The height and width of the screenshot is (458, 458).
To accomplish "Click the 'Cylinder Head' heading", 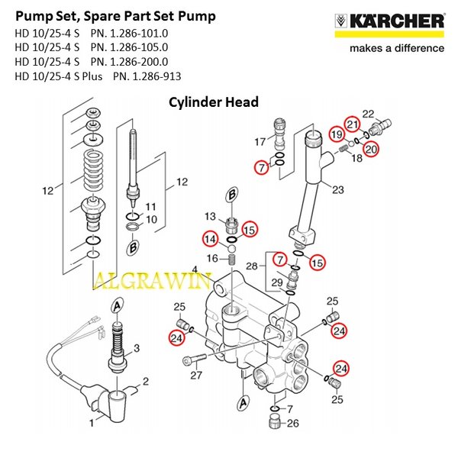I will point(214,102).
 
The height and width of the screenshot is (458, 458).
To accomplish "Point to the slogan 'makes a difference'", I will point(396,48).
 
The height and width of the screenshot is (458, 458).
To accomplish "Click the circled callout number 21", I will point(352,124).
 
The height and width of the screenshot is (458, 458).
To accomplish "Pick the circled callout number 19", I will point(337,135).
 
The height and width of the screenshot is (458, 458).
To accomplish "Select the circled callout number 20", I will point(371,150).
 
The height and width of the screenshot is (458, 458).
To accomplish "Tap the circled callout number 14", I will point(209,240).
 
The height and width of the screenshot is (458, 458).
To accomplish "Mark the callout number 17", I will point(259,141).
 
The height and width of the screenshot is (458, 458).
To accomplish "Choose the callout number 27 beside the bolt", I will point(197,376).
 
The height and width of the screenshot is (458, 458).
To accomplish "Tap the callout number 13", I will point(208,218).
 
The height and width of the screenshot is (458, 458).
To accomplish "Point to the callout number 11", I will point(150,206).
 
